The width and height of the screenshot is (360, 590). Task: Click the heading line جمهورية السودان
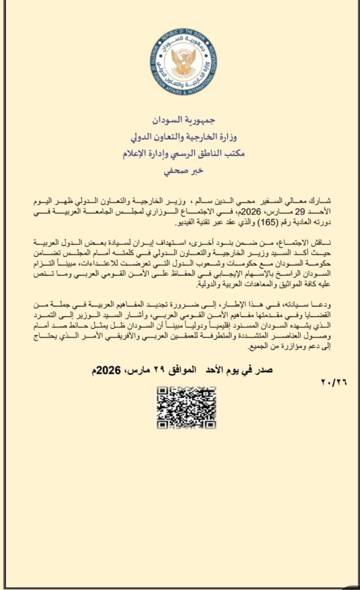[180, 123]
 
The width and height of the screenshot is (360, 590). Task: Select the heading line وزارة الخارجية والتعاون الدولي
[180, 138]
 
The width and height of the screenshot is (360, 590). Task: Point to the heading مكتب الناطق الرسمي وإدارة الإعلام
[180, 154]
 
